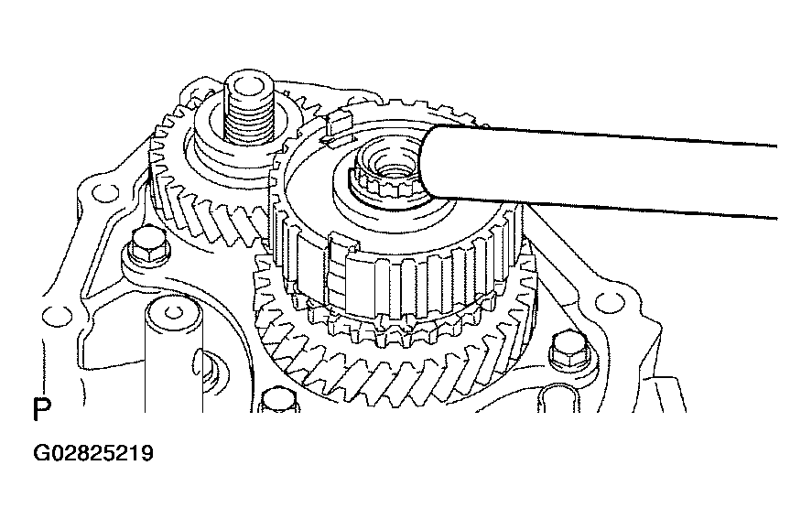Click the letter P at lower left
(42, 409)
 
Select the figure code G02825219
(93, 453)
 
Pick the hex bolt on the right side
(569, 350)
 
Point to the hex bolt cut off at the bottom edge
(279, 401)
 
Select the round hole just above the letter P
(56, 316)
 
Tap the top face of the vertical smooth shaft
(173, 313)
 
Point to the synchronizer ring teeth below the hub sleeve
(399, 327)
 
